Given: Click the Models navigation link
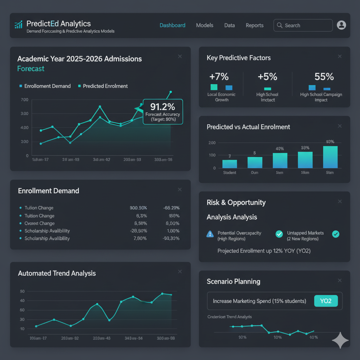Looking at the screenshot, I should (205, 25).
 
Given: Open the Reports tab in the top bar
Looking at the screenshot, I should (255, 25).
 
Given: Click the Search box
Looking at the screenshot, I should (303, 25).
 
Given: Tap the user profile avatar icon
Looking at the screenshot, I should (341, 25).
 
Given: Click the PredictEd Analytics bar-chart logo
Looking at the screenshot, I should (19, 25).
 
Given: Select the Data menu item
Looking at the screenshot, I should (230, 25).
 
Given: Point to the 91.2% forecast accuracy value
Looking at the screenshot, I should (163, 107).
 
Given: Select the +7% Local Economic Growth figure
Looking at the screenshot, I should (219, 77).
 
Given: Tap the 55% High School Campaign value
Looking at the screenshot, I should (324, 77).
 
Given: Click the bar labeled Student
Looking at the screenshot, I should (230, 164).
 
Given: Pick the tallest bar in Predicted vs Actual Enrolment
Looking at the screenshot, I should (330, 157).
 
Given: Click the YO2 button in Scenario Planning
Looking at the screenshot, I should (326, 301).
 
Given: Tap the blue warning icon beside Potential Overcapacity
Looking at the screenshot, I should (210, 234).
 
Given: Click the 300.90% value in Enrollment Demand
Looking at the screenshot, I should (138, 208).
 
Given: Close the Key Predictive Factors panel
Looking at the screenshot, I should (340, 57).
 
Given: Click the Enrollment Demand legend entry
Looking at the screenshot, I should (47, 86).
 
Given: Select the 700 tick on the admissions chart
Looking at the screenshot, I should (25, 100).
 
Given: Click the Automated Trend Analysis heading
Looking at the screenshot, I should (57, 273).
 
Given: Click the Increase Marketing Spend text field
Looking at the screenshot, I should (259, 301).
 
